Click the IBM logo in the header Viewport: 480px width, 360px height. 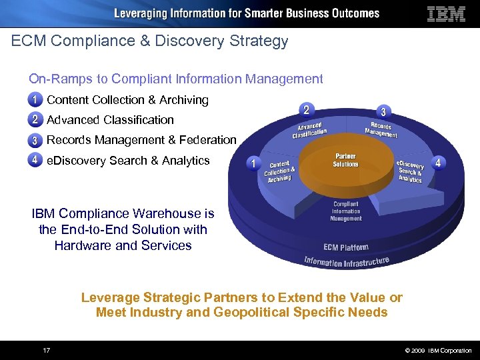(x=446, y=14)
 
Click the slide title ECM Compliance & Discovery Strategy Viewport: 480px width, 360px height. (x=150, y=41)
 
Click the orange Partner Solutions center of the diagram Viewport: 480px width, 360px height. (x=345, y=160)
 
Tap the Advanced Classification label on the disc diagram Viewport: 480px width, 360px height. (x=309, y=129)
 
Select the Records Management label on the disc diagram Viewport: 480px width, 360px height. (x=381, y=129)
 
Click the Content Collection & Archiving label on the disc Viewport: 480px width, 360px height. (x=279, y=171)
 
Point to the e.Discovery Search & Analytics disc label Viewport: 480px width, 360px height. (x=410, y=171)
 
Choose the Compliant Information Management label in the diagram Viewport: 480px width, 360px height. (x=346, y=211)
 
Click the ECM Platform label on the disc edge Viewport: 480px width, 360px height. (x=345, y=247)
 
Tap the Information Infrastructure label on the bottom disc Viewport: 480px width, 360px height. (x=346, y=261)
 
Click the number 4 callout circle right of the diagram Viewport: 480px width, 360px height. (x=438, y=163)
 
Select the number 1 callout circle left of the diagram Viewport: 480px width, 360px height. (x=253, y=163)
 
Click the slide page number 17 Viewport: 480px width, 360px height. (x=47, y=350)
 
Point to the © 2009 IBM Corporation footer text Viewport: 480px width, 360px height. (x=438, y=351)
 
